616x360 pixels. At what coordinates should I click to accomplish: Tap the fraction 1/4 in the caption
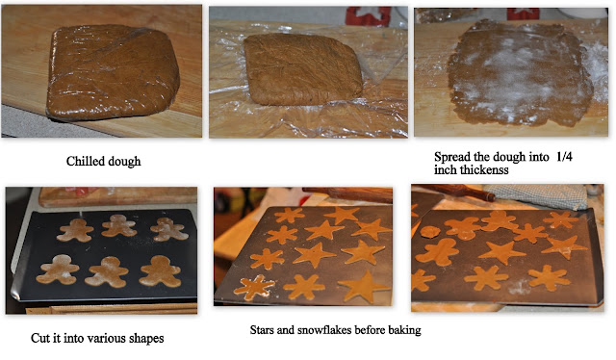coord(564,157)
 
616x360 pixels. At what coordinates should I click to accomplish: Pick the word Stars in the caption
coord(262,330)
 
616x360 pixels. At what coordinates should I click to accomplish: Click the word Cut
coord(39,338)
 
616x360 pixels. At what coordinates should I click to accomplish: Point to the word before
coord(368,330)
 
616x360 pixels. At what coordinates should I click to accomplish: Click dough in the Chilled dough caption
coord(122,162)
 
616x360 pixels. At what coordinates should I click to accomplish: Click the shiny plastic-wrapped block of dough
coord(113,72)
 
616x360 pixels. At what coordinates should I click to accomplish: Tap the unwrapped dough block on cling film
coord(302,69)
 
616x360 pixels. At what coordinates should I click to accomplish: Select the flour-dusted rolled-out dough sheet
coord(520,73)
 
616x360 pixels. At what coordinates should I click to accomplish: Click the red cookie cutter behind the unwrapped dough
coord(368,16)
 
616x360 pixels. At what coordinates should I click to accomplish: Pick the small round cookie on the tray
coord(430,231)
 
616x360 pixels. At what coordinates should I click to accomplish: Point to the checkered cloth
coord(538,195)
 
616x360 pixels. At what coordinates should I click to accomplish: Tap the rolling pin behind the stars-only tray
coord(347,195)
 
